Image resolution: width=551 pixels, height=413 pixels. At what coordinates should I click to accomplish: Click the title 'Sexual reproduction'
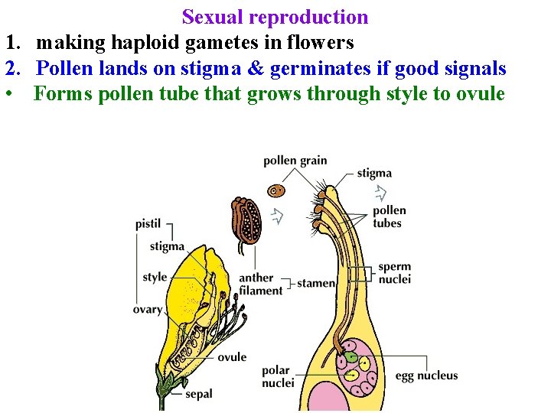(275, 17)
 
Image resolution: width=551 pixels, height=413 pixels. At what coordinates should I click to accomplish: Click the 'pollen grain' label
(295, 161)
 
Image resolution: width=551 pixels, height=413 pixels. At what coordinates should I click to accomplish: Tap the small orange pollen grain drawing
(276, 190)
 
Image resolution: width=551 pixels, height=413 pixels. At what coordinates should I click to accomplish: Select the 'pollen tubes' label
(389, 216)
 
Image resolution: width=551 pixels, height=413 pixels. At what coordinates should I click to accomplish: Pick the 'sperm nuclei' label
(394, 273)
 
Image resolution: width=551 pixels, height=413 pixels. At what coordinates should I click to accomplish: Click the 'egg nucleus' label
(426, 376)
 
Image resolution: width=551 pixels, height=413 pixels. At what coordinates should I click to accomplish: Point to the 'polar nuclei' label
(277, 376)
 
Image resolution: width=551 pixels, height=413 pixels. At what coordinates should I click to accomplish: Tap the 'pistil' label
(148, 224)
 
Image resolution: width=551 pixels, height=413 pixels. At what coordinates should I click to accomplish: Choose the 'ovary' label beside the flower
(148, 309)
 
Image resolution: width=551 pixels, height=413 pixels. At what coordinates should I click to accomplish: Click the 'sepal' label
(198, 395)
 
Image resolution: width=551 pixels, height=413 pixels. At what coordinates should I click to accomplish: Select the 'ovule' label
(232, 356)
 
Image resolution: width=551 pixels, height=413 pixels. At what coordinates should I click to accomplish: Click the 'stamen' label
(315, 283)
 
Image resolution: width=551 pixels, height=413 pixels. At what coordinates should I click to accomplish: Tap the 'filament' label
(260, 290)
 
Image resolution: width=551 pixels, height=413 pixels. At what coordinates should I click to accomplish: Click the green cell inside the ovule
(350, 356)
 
